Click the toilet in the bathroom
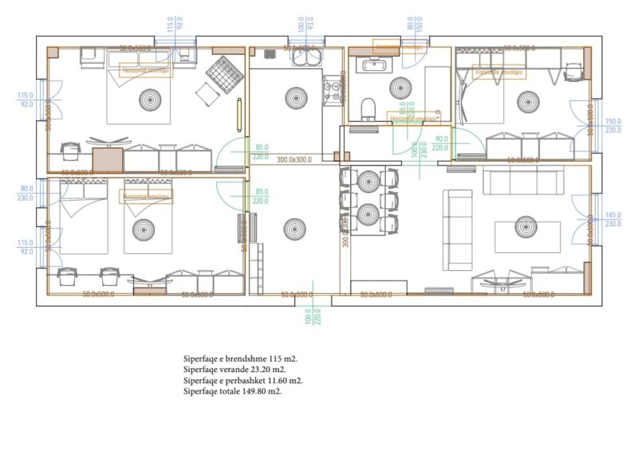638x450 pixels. tap(368, 108)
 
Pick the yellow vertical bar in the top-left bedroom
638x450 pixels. tap(238, 113)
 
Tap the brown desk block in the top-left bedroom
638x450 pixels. tap(108, 158)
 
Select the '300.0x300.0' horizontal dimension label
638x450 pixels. tap(294, 159)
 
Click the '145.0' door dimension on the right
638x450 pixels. tap(613, 215)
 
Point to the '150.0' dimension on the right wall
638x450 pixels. tap(613, 122)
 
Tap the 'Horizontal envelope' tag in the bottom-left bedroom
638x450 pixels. tap(147, 196)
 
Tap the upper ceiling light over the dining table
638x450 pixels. tap(368, 182)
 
